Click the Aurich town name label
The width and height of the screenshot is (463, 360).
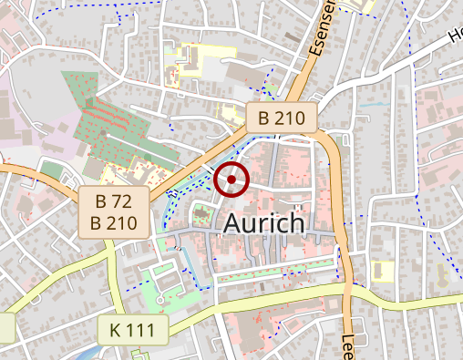pyautogui.click(x=262, y=223)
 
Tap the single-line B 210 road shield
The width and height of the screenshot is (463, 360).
pyautogui.click(x=282, y=118)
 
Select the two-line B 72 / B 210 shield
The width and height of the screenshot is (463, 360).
pyautogui.click(x=114, y=211)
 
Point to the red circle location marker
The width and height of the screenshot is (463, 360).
pyautogui.click(x=232, y=180)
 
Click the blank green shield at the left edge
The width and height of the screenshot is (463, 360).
pyautogui.click(x=6, y=327)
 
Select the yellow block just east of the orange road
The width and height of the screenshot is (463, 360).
pyautogui.click(x=383, y=271)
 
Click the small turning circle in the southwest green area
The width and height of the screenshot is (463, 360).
pyautogui.click(x=159, y=300)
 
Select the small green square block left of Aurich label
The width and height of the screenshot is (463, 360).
pyautogui.click(x=202, y=217)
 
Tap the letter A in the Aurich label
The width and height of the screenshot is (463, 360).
pyautogui.click(x=231, y=223)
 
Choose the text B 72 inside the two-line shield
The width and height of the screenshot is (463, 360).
pyautogui.click(x=114, y=201)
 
